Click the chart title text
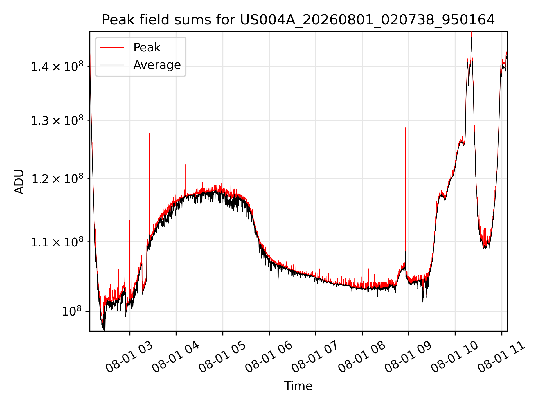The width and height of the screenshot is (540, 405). click(x=298, y=20)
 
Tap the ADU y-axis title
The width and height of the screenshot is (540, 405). click(x=19, y=181)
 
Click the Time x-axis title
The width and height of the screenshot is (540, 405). click(x=298, y=386)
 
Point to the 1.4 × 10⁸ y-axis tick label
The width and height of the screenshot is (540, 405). click(x=57, y=67)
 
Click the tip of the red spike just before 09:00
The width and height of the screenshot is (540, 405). click(x=406, y=128)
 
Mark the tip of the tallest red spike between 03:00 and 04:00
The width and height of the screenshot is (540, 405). click(x=150, y=133)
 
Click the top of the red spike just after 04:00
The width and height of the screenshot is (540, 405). click(x=186, y=164)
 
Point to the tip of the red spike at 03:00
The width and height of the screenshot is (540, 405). click(x=130, y=220)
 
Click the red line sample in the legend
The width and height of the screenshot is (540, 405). click(x=112, y=48)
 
